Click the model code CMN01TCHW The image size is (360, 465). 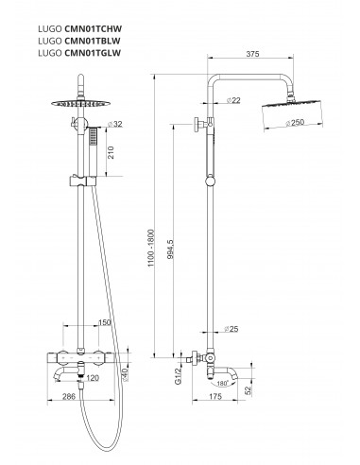coord(93,29)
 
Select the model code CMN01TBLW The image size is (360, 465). coord(93,41)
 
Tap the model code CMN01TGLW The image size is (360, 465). coord(93,53)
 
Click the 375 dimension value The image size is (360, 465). coord(252,54)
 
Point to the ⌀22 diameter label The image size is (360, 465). coord(233,100)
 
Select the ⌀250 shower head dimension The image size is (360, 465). coord(295,122)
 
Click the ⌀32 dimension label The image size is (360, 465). coord(114,124)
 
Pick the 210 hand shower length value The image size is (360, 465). coord(111,152)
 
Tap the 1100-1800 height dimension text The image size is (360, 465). coord(151,249)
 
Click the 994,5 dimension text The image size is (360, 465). coord(170,250)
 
